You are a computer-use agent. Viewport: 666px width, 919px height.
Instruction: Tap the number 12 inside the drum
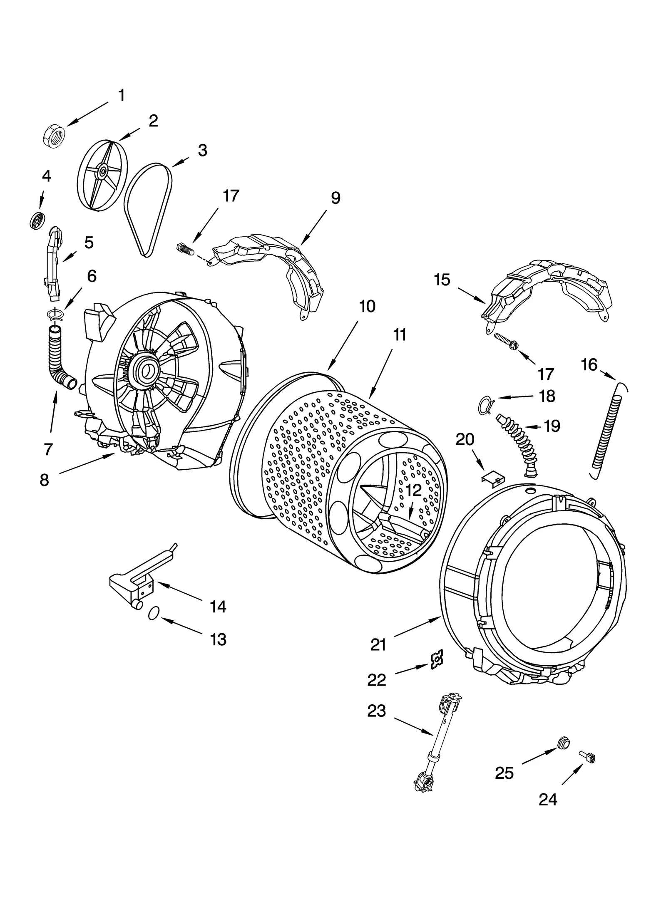click(x=413, y=490)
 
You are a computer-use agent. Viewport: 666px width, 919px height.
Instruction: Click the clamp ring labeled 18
click(x=485, y=405)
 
